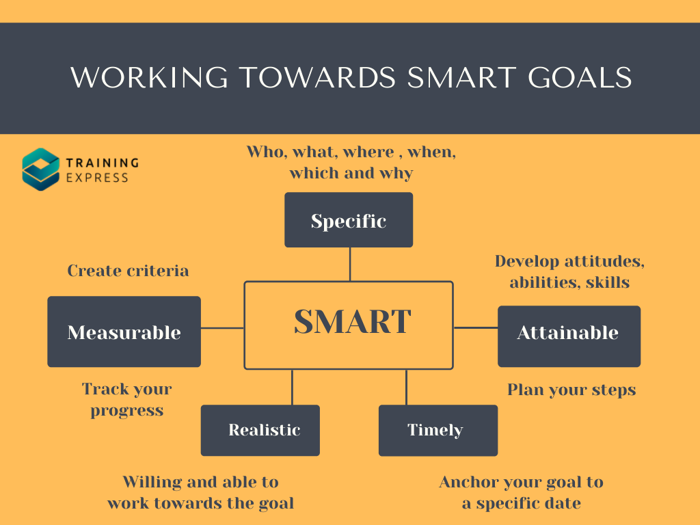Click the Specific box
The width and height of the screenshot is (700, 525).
349,219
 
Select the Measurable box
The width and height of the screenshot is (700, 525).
124,332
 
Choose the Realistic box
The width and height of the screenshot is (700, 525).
260,430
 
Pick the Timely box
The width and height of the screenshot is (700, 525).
437,430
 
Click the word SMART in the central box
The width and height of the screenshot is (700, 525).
352,321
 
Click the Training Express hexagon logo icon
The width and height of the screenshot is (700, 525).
40,170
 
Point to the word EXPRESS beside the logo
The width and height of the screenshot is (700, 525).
97,178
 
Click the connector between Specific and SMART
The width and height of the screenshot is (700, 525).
350,264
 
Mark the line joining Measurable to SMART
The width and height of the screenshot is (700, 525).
222,328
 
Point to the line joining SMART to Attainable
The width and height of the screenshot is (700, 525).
476,327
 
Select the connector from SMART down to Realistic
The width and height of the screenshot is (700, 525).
293,387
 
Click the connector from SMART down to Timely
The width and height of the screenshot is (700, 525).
407,387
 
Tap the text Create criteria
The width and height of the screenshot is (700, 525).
128,271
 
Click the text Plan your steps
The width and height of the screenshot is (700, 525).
571,390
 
